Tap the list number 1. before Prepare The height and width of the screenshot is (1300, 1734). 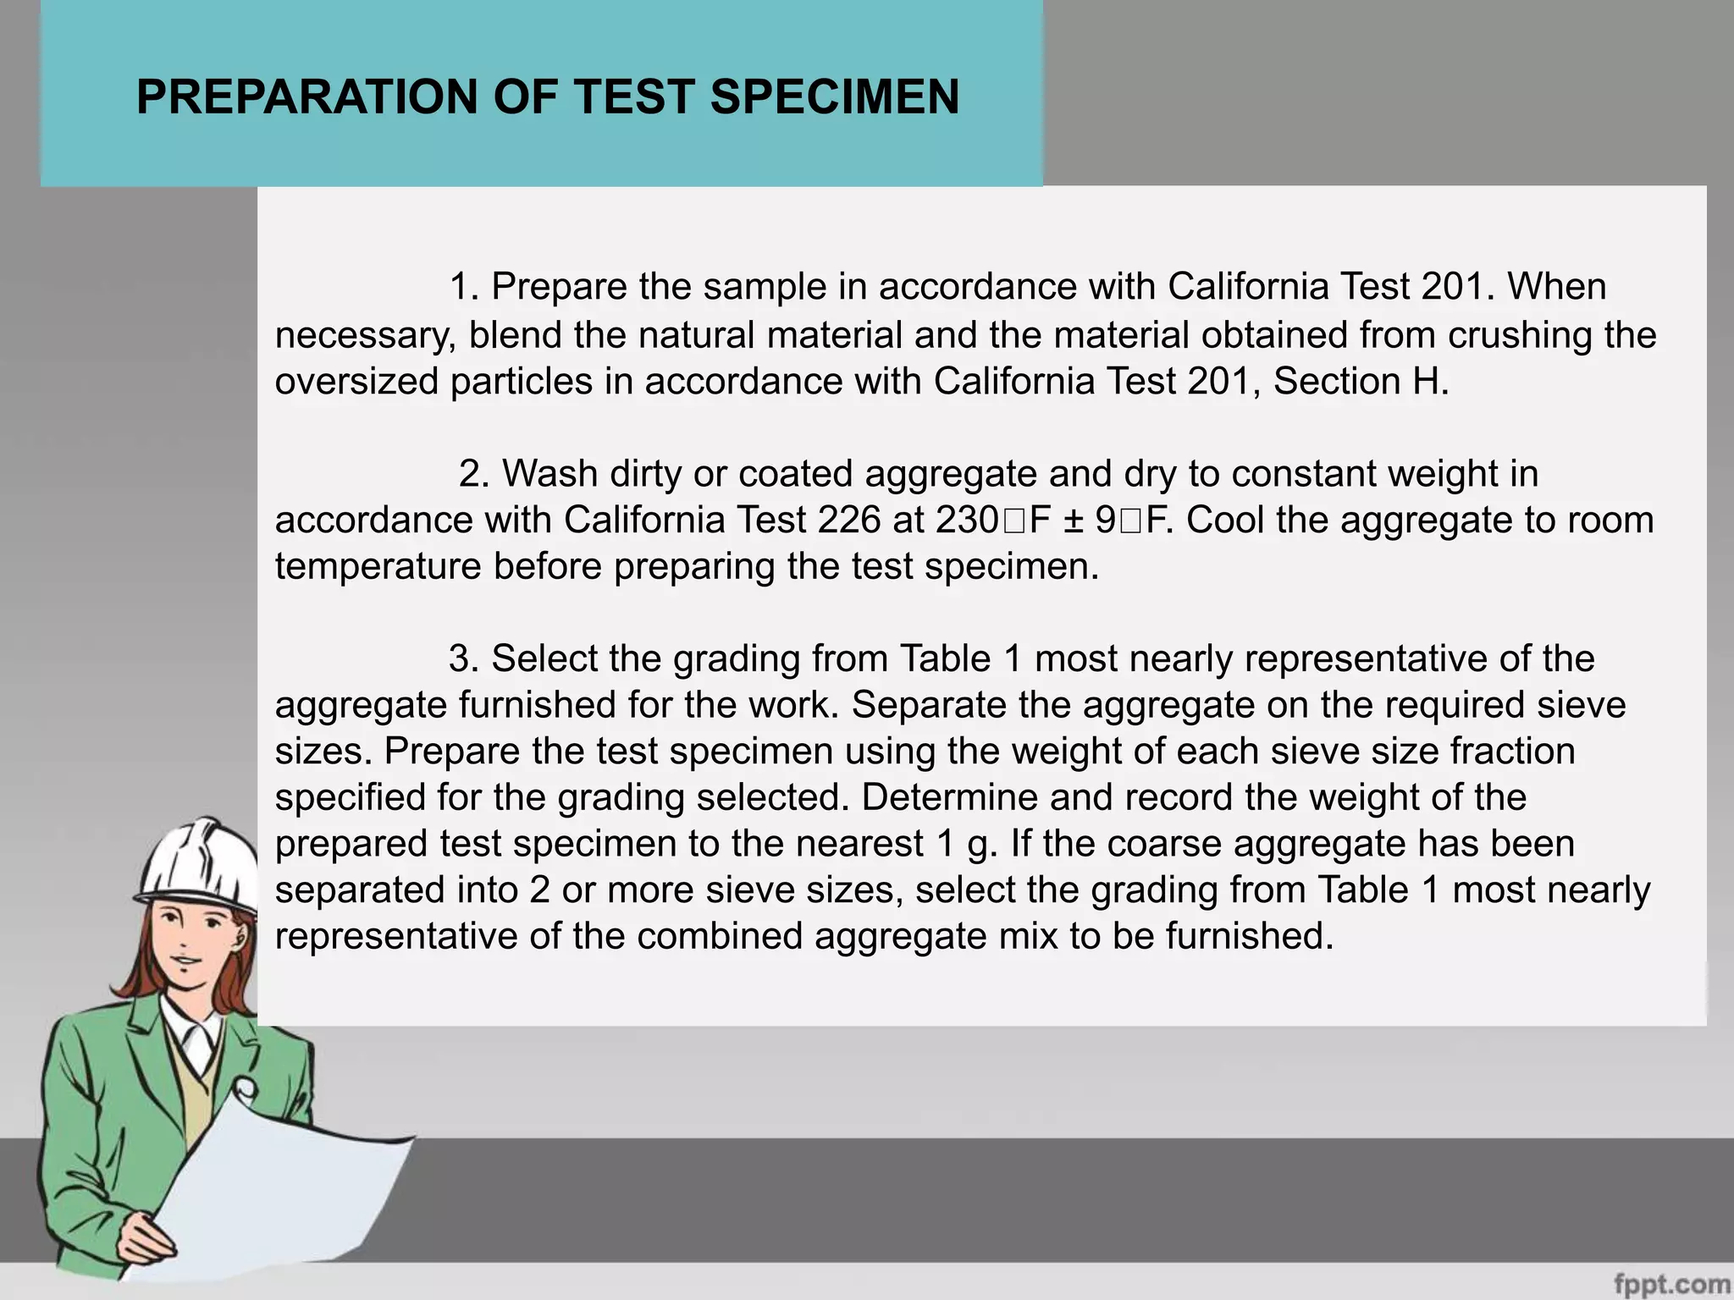(464, 287)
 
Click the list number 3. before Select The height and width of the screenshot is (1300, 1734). (464, 658)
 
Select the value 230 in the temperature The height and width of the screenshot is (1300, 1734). (968, 520)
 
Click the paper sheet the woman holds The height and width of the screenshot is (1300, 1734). (279, 1185)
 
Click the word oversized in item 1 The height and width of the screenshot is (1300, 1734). (356, 381)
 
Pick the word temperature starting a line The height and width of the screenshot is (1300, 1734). (378, 566)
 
